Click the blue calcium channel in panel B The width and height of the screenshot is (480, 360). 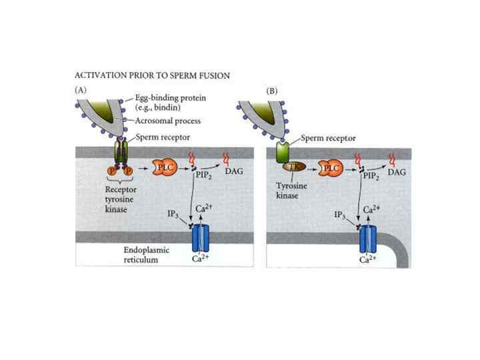tap(369, 238)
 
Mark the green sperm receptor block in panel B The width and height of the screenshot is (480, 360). tap(284, 152)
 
